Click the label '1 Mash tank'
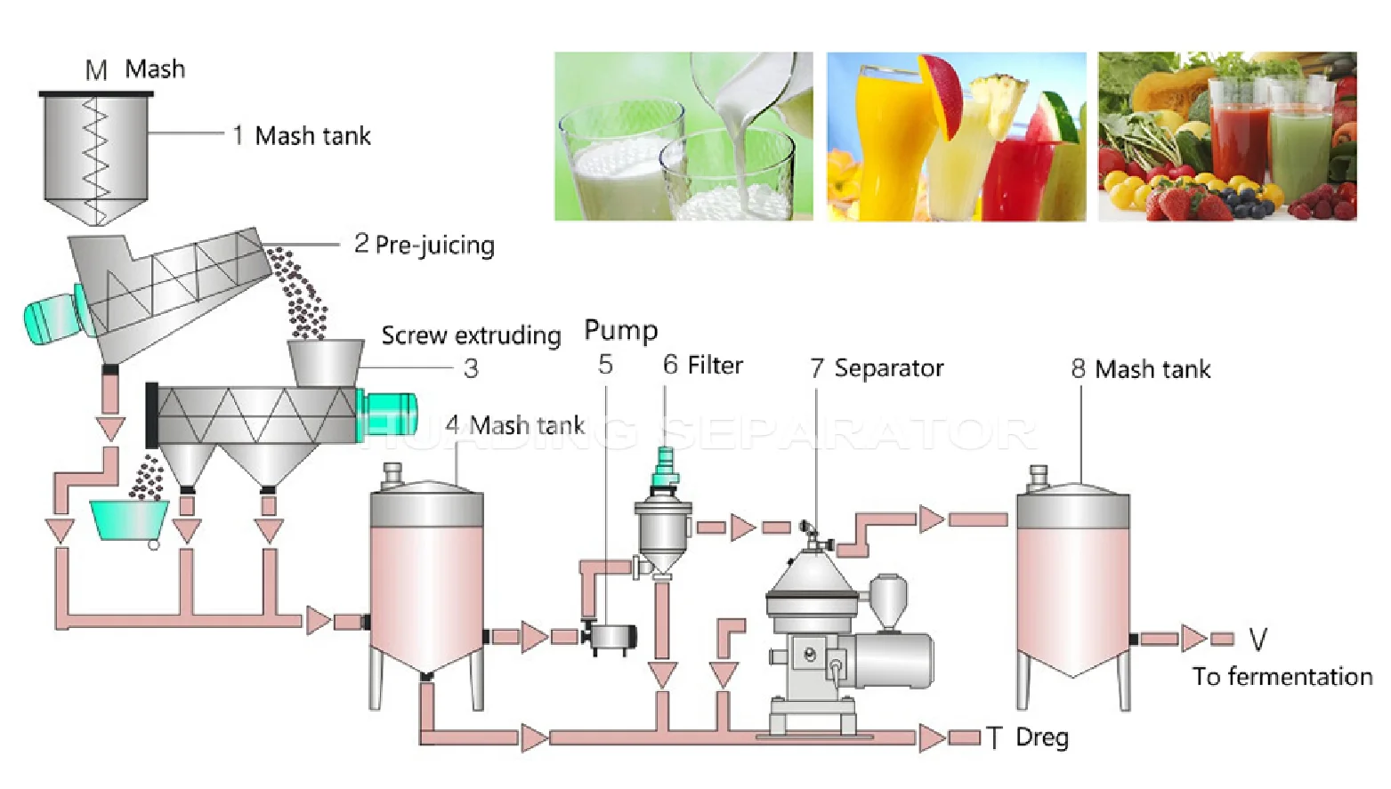coord(302,136)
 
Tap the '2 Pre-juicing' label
coord(425,245)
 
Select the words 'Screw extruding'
coord(472,336)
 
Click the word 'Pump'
coord(621,331)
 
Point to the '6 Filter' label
coord(703,365)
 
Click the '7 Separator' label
coord(877,368)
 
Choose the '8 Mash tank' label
coord(1141,369)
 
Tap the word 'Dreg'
coord(1043,737)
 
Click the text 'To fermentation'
coord(1282,677)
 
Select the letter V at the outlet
coord(1258,639)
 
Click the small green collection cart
coord(129,522)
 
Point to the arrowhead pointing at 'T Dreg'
coord(933,738)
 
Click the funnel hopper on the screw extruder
coord(326,363)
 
